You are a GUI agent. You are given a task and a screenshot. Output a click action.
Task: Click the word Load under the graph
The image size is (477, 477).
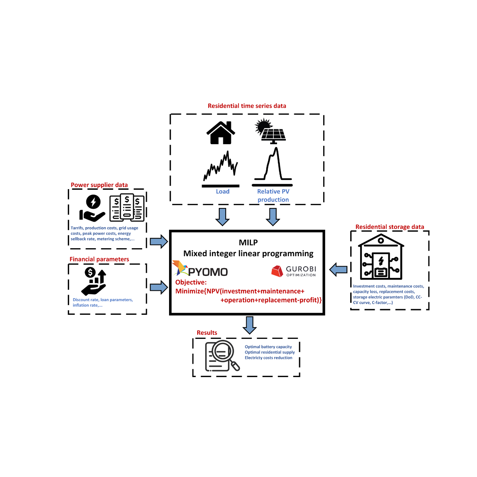pos(222,192)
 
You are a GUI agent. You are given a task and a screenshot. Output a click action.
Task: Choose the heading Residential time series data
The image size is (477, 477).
pos(247,106)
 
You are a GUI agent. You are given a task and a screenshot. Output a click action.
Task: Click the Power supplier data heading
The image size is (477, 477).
pos(99,185)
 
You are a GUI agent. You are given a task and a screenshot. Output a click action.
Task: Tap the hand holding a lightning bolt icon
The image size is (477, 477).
pos(92,208)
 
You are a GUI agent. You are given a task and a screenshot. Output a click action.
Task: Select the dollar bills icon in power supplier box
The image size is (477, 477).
pos(127,208)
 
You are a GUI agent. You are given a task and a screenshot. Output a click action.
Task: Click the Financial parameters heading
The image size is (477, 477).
pos(99,259)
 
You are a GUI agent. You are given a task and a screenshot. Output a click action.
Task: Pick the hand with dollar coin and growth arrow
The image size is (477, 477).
pos(94,281)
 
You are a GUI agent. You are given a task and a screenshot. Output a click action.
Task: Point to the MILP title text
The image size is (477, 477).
pos(248,243)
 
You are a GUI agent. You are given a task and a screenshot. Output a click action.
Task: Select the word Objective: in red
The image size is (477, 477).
pos(191,282)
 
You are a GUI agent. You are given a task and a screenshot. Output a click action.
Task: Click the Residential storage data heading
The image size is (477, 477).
pos(389,227)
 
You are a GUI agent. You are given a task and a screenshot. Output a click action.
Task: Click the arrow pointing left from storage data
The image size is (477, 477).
pos(338,270)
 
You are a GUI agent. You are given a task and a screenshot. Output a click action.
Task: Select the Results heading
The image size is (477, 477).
pos(207,333)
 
